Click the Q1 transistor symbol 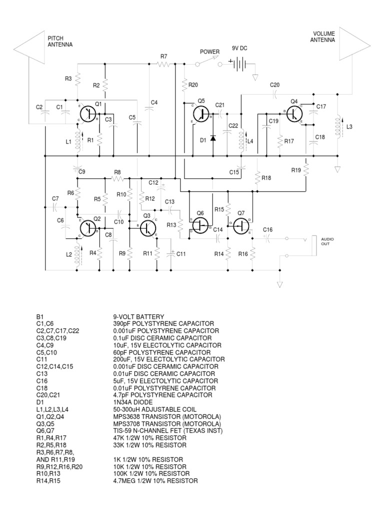[88, 114]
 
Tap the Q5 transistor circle [201, 114]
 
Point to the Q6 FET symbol [200, 225]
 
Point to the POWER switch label [210, 51]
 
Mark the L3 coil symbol [338, 127]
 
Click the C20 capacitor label [274, 85]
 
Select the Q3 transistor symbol [148, 227]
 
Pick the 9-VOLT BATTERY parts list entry [137, 316]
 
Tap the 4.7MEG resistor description [155, 480]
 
